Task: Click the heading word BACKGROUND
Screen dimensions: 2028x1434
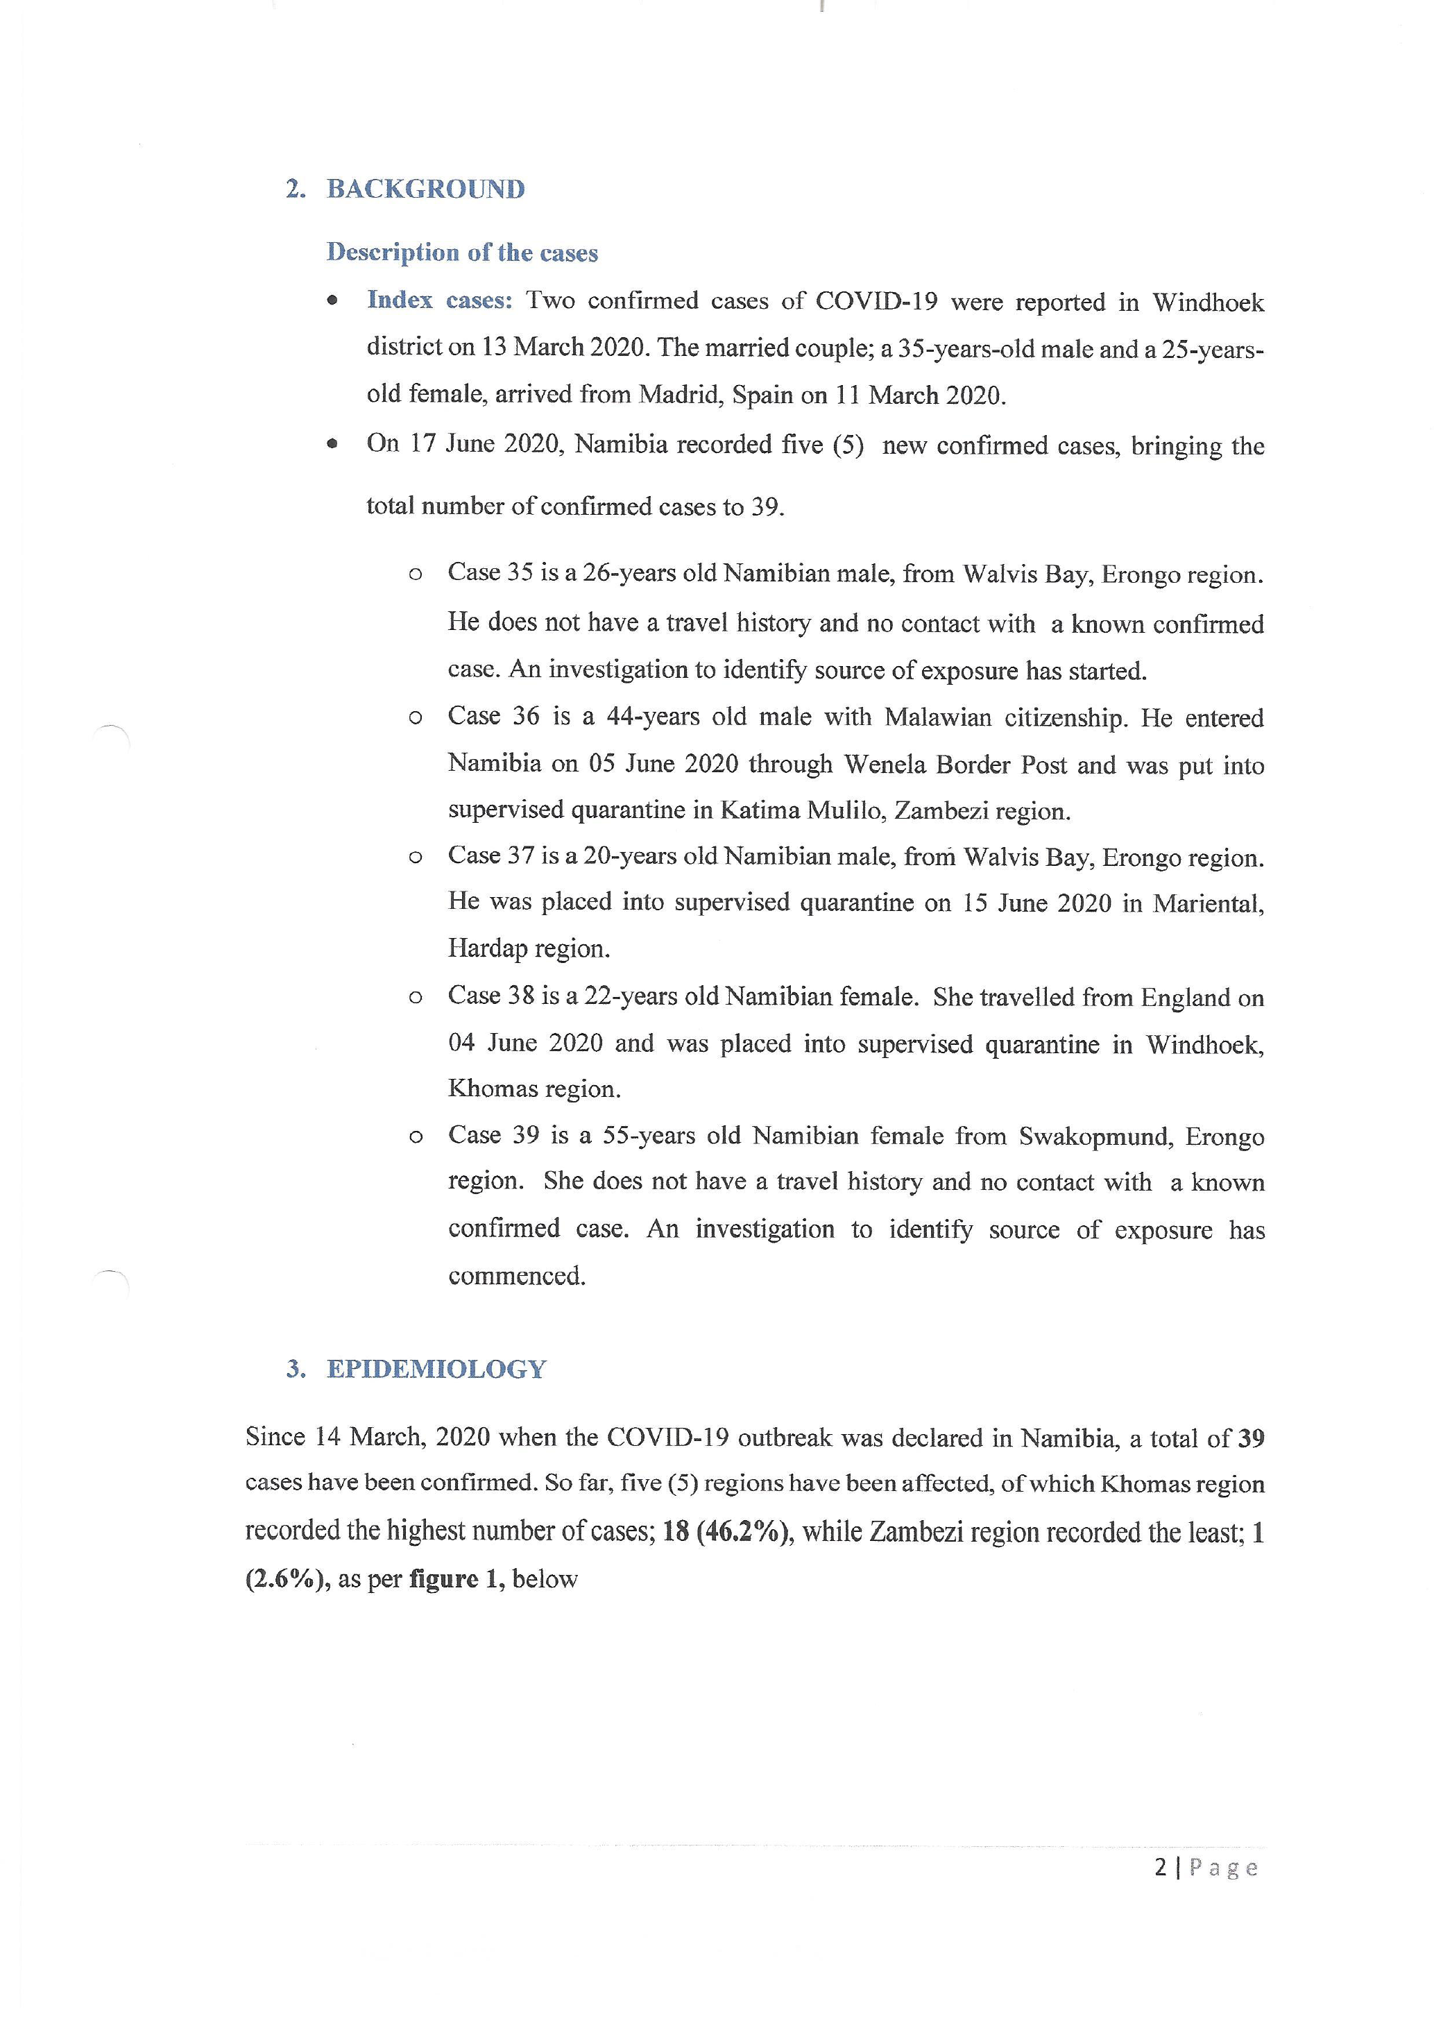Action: pyautogui.click(x=425, y=189)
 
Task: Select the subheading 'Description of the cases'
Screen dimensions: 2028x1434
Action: pyautogui.click(x=462, y=253)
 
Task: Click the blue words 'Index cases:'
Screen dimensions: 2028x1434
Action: pyautogui.click(x=440, y=300)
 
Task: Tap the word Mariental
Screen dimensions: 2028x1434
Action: pyautogui.click(x=1208, y=903)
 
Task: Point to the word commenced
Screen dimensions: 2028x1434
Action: pyautogui.click(x=517, y=1277)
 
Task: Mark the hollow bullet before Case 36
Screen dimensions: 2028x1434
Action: pyautogui.click(x=415, y=717)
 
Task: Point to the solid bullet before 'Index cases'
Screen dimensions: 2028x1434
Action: pyautogui.click(x=332, y=301)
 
